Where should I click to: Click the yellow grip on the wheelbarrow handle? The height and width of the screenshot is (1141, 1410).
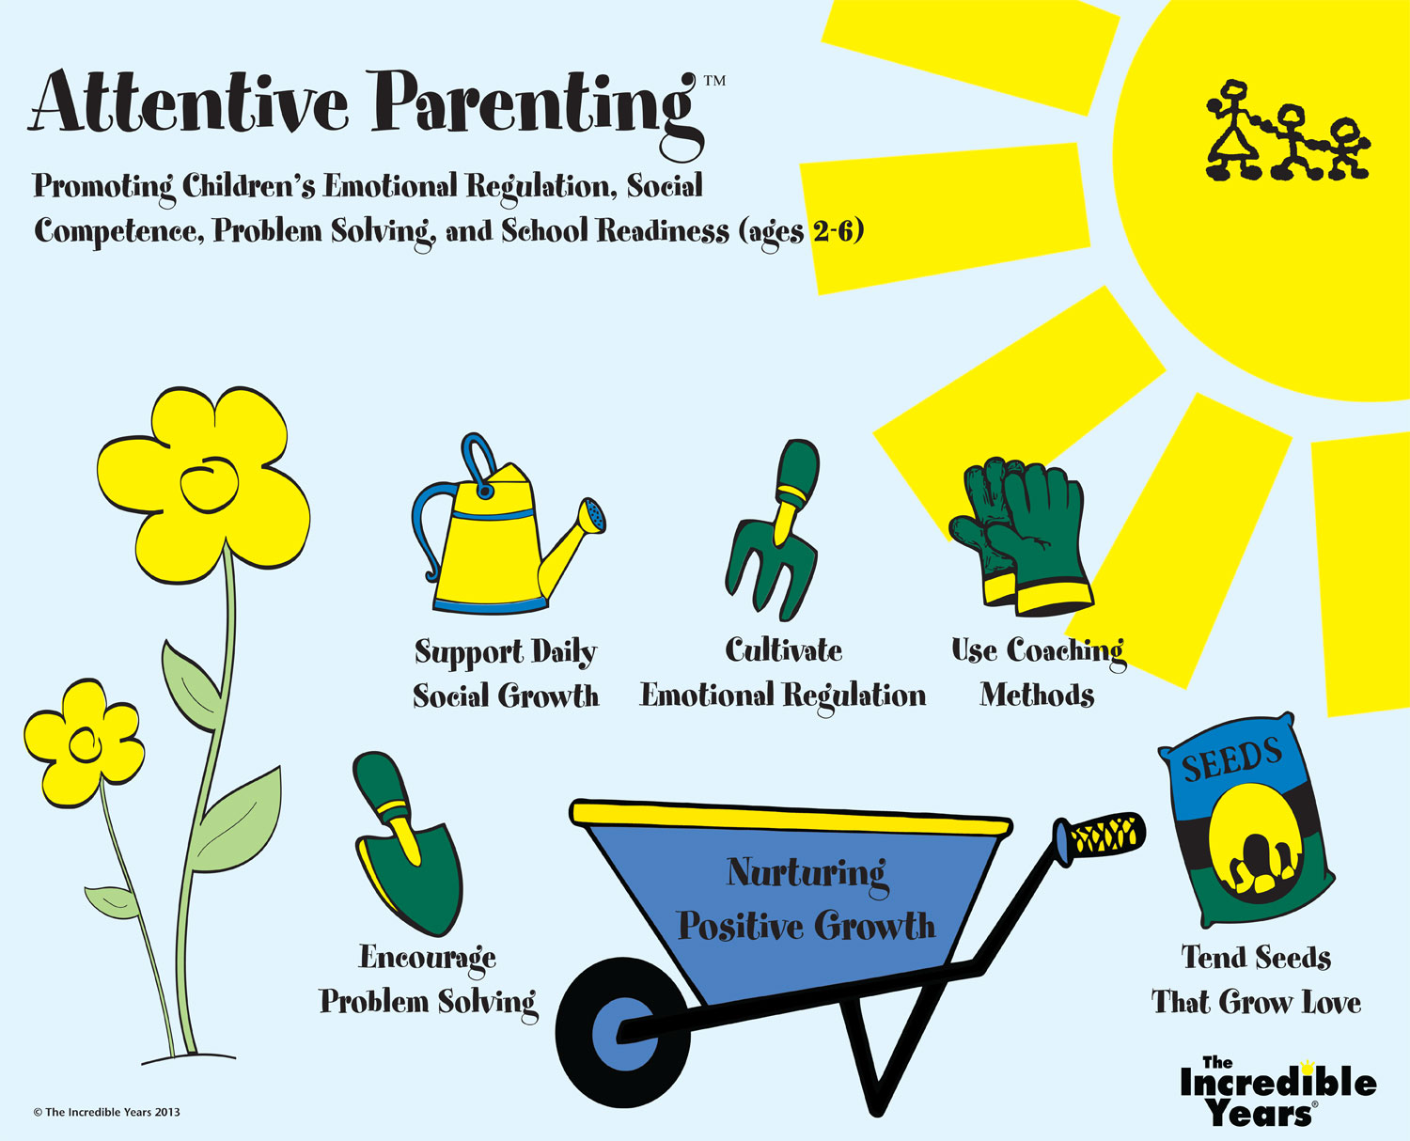(x=1105, y=836)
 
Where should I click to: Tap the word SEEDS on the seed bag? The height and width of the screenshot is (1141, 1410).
(x=1232, y=758)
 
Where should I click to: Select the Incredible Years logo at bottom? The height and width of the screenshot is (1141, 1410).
(x=1277, y=1092)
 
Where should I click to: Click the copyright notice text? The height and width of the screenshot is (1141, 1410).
(x=106, y=1112)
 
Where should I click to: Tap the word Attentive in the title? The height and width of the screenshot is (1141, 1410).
(x=189, y=102)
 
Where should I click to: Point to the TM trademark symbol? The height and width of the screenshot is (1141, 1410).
(x=715, y=81)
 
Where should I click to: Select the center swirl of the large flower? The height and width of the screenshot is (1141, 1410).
(x=210, y=488)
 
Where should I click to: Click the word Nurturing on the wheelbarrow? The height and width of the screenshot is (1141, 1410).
(x=807, y=874)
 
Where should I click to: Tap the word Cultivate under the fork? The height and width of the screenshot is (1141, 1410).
(x=784, y=650)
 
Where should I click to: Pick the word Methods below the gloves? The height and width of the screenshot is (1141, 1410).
(x=1038, y=695)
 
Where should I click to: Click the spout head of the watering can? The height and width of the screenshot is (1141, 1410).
(x=592, y=515)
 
